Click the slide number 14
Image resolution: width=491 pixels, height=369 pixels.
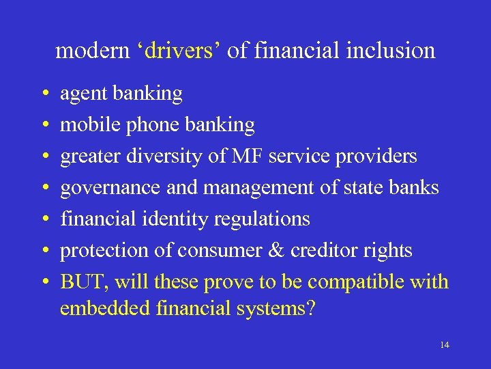pos(445,345)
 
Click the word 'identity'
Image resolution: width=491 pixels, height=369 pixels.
pos(178,219)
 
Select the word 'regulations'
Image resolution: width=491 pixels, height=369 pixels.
pos(262,219)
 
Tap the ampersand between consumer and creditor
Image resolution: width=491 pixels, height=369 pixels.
pos(276,251)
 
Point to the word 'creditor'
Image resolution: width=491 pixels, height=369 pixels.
pos(323,251)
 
